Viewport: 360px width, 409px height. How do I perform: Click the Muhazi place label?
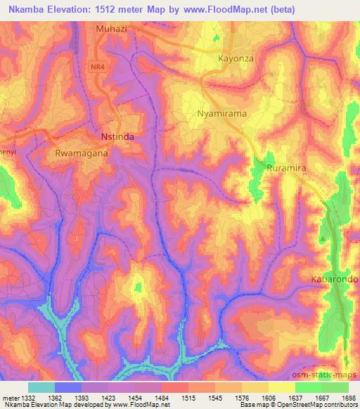(112, 30)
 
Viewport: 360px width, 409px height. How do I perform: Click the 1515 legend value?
(188, 397)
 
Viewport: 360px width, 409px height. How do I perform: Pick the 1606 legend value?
(268, 397)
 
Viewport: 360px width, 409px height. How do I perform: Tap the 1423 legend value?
(108, 397)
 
